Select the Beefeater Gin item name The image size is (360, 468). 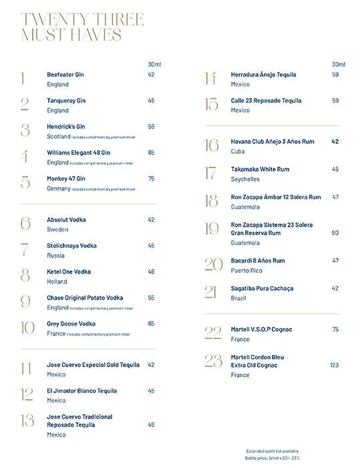coord(65,75)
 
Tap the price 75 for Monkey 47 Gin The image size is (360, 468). coord(151,179)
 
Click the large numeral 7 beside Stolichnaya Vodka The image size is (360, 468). coord(25,250)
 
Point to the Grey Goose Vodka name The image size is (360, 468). coord(71,324)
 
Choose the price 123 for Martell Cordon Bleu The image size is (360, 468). coord(335,365)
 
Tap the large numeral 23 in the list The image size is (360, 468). coord(213,361)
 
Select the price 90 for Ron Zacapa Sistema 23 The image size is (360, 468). coord(335,233)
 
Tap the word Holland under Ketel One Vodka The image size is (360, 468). coord(57,282)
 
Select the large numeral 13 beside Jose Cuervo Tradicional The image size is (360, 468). coord(27,420)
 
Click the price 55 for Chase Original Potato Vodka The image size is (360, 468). coord(151,298)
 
